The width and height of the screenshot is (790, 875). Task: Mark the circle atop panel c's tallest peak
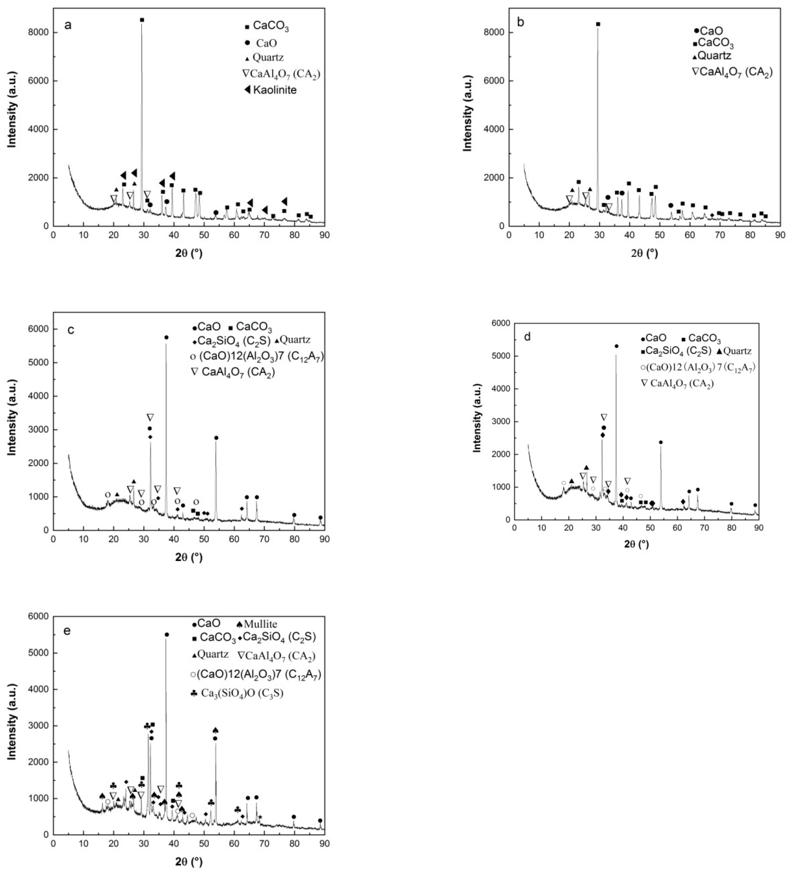click(x=166, y=337)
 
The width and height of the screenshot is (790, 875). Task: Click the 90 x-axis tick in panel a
click(x=324, y=235)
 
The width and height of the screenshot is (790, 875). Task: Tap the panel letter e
click(x=67, y=631)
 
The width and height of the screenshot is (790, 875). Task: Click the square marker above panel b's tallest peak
click(x=598, y=24)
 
